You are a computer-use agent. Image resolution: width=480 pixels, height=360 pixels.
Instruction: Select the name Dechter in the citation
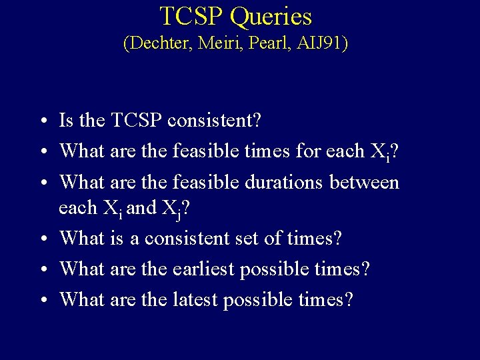[157, 44]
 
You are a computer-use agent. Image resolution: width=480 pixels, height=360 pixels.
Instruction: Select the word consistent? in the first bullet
[215, 121]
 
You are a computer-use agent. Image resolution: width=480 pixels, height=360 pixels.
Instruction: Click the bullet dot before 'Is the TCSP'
[41, 122]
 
